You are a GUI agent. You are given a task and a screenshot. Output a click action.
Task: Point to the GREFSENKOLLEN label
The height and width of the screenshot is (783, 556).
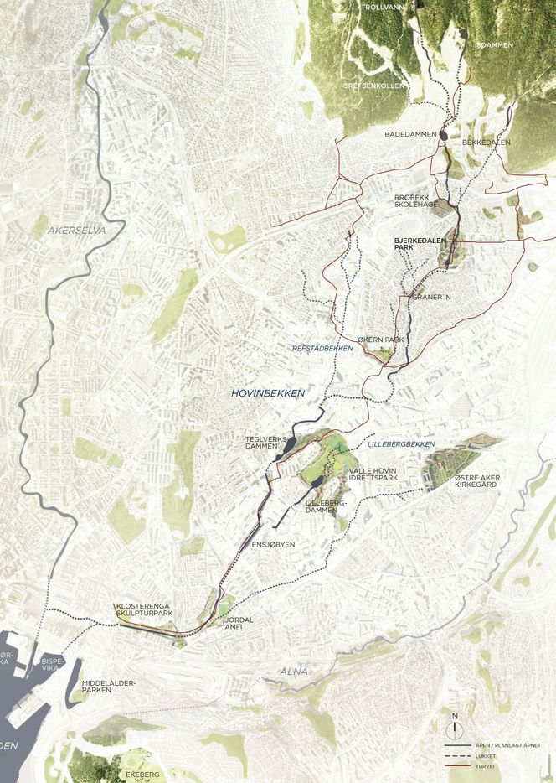[373, 86]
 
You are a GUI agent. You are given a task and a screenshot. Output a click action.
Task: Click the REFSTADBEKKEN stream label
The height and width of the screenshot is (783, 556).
[322, 348]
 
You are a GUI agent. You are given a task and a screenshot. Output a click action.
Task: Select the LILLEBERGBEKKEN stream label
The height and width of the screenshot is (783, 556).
[400, 443]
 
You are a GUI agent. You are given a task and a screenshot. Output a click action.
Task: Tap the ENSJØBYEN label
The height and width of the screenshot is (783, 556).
[274, 544]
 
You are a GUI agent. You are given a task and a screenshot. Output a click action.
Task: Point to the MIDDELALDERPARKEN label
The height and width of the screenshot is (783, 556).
[109, 688]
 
